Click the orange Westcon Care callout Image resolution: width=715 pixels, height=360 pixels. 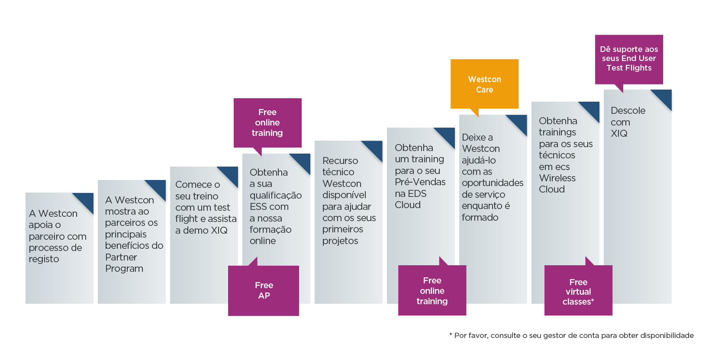pyautogui.click(x=485, y=84)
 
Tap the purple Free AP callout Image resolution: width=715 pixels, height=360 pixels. pyautogui.click(x=264, y=290)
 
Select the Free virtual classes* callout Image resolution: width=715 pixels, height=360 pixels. pyautogui.click(x=578, y=290)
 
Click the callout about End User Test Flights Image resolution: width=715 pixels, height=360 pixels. pyautogui.click(x=629, y=59)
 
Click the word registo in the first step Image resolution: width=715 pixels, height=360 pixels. pyautogui.click(x=44, y=259)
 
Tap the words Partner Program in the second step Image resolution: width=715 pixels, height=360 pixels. pyautogui.click(x=124, y=263)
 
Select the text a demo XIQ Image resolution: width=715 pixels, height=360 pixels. pyautogui.click(x=201, y=230)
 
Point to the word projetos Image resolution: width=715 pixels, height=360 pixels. pyautogui.click(x=340, y=241)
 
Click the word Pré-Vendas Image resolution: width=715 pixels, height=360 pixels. pyautogui.click(x=420, y=182)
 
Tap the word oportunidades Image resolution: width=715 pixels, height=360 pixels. pyautogui.click(x=493, y=183)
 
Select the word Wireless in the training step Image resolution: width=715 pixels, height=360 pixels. pyautogui.click(x=557, y=178)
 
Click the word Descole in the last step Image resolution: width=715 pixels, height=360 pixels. pyautogui.click(x=628, y=110)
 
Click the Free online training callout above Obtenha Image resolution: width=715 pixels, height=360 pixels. pyautogui.click(x=267, y=123)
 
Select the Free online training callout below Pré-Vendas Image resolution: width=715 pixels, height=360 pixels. pyautogui.click(x=432, y=290)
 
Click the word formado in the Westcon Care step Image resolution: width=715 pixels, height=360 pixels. pyautogui.click(x=480, y=217)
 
